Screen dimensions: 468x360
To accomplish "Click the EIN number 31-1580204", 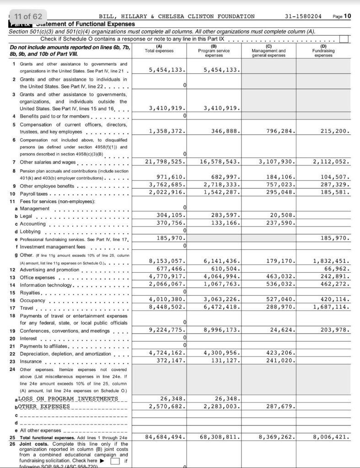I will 303,16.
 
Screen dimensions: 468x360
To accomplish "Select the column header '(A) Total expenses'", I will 159,48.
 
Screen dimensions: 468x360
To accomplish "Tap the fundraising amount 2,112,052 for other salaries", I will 331,161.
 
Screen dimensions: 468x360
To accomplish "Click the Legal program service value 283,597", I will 223,215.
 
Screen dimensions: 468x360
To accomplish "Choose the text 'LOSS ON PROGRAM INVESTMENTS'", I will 68,398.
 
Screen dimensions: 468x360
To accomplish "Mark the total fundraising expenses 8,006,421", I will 331,437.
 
